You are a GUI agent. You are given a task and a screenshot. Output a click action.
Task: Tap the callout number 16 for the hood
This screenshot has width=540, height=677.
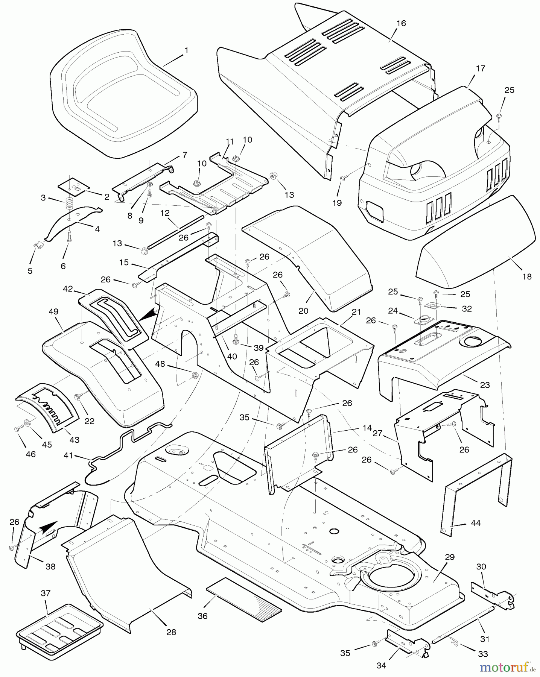[401, 23]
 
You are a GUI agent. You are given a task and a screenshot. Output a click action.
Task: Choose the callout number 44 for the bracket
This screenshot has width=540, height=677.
[476, 523]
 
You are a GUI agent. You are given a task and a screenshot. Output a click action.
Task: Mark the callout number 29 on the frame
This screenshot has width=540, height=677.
[450, 557]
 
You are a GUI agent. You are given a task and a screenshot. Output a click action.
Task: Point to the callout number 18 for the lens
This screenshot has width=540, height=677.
[527, 276]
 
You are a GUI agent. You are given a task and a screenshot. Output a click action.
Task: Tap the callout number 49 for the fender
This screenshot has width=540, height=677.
[53, 311]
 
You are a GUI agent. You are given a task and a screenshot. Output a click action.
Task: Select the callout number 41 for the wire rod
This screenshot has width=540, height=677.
[68, 456]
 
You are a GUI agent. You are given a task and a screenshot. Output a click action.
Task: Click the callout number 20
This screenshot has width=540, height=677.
[303, 311]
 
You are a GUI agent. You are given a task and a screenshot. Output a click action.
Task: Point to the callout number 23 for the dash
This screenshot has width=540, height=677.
[485, 385]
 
